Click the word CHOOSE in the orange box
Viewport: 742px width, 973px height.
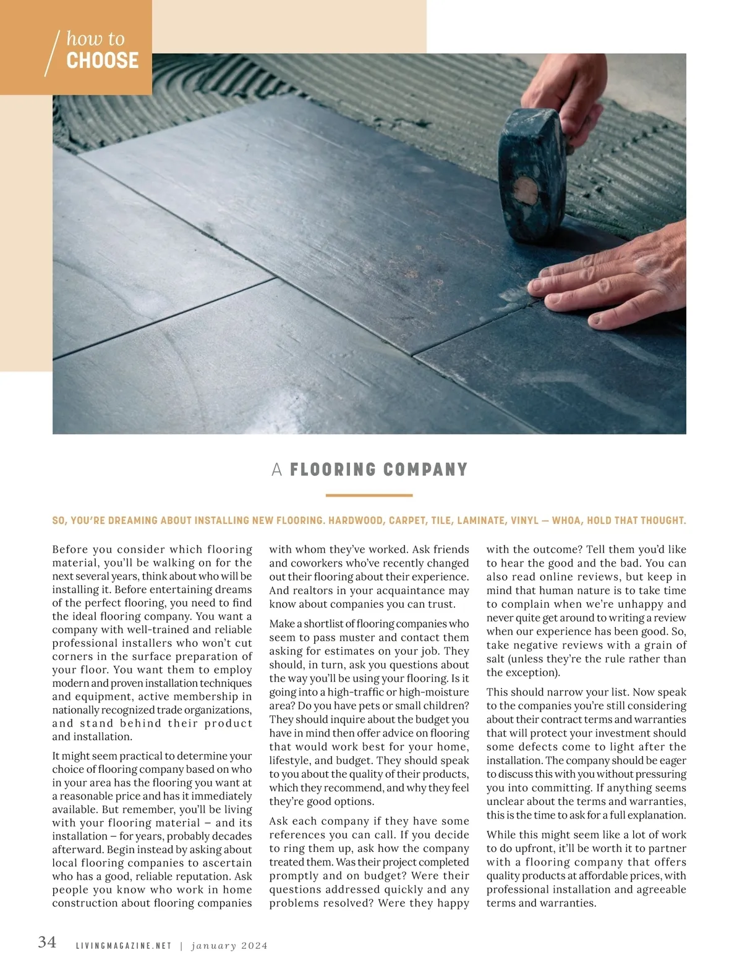tap(103, 61)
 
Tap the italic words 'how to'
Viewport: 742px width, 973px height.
tap(95, 39)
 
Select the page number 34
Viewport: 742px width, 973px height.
tap(47, 942)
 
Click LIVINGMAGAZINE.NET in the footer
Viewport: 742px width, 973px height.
tap(124, 946)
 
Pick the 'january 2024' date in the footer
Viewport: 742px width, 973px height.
tap(229, 946)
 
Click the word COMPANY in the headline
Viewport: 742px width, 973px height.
tap(425, 470)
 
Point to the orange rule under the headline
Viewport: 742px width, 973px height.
tap(369, 495)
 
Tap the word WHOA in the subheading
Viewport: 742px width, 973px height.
tap(566, 521)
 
